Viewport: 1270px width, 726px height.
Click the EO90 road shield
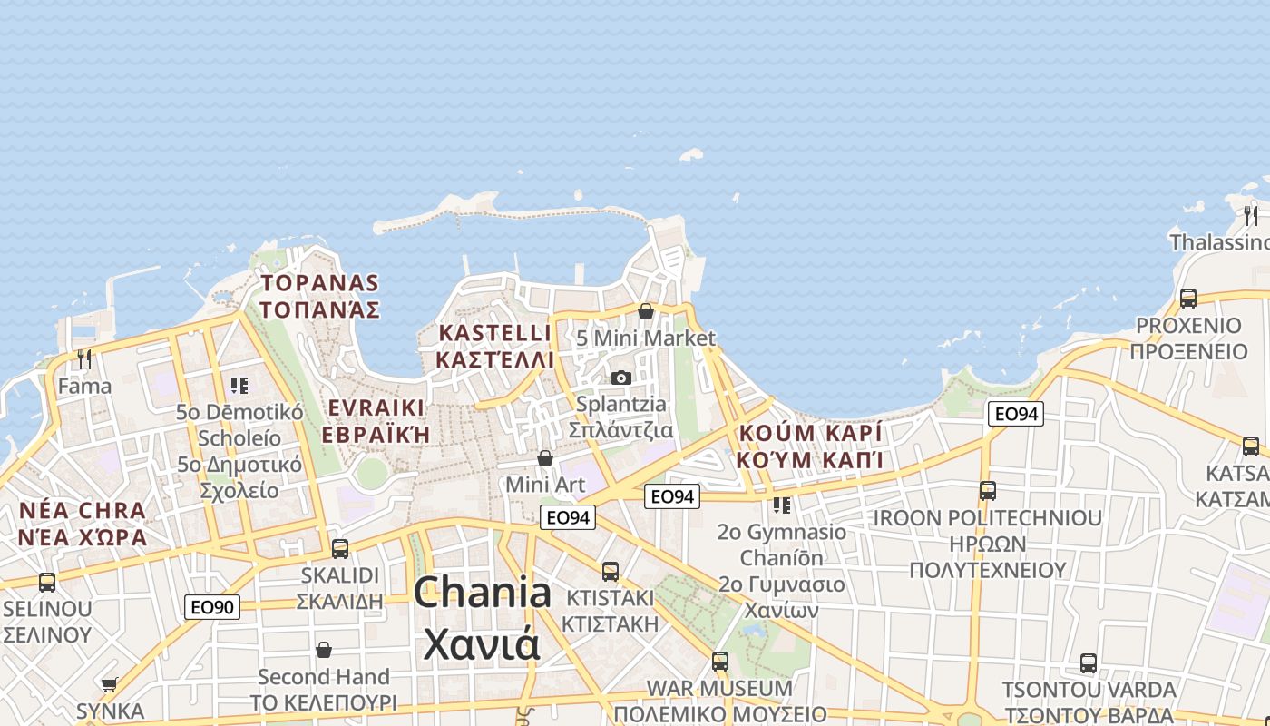pos(212,607)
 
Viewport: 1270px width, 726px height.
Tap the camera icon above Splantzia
pos(621,378)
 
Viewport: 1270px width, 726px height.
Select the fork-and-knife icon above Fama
pos(84,359)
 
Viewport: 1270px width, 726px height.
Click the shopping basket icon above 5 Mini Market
pos(646,311)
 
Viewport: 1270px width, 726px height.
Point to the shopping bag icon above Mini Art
pos(545,458)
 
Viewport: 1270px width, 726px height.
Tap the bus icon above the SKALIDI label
pos(340,548)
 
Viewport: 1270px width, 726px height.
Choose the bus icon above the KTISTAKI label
pos(611,571)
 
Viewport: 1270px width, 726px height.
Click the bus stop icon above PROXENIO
pos(1187,298)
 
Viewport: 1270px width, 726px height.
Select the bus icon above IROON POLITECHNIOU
pos(988,491)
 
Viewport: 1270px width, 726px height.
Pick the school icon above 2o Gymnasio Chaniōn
pos(781,505)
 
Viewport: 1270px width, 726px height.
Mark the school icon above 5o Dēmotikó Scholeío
pos(239,386)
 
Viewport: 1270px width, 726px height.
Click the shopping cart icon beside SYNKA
pos(110,685)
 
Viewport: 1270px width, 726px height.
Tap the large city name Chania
pos(483,593)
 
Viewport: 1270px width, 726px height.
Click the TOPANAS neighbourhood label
pos(319,283)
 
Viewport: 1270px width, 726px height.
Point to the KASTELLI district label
pos(494,333)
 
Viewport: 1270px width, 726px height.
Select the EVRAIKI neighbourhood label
pos(376,407)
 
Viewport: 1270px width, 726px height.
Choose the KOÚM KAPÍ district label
pos(809,433)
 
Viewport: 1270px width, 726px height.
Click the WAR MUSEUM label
pos(719,688)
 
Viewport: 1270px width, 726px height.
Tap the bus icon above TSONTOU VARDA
pos(1089,663)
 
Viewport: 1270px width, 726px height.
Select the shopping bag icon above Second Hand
pos(324,650)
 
